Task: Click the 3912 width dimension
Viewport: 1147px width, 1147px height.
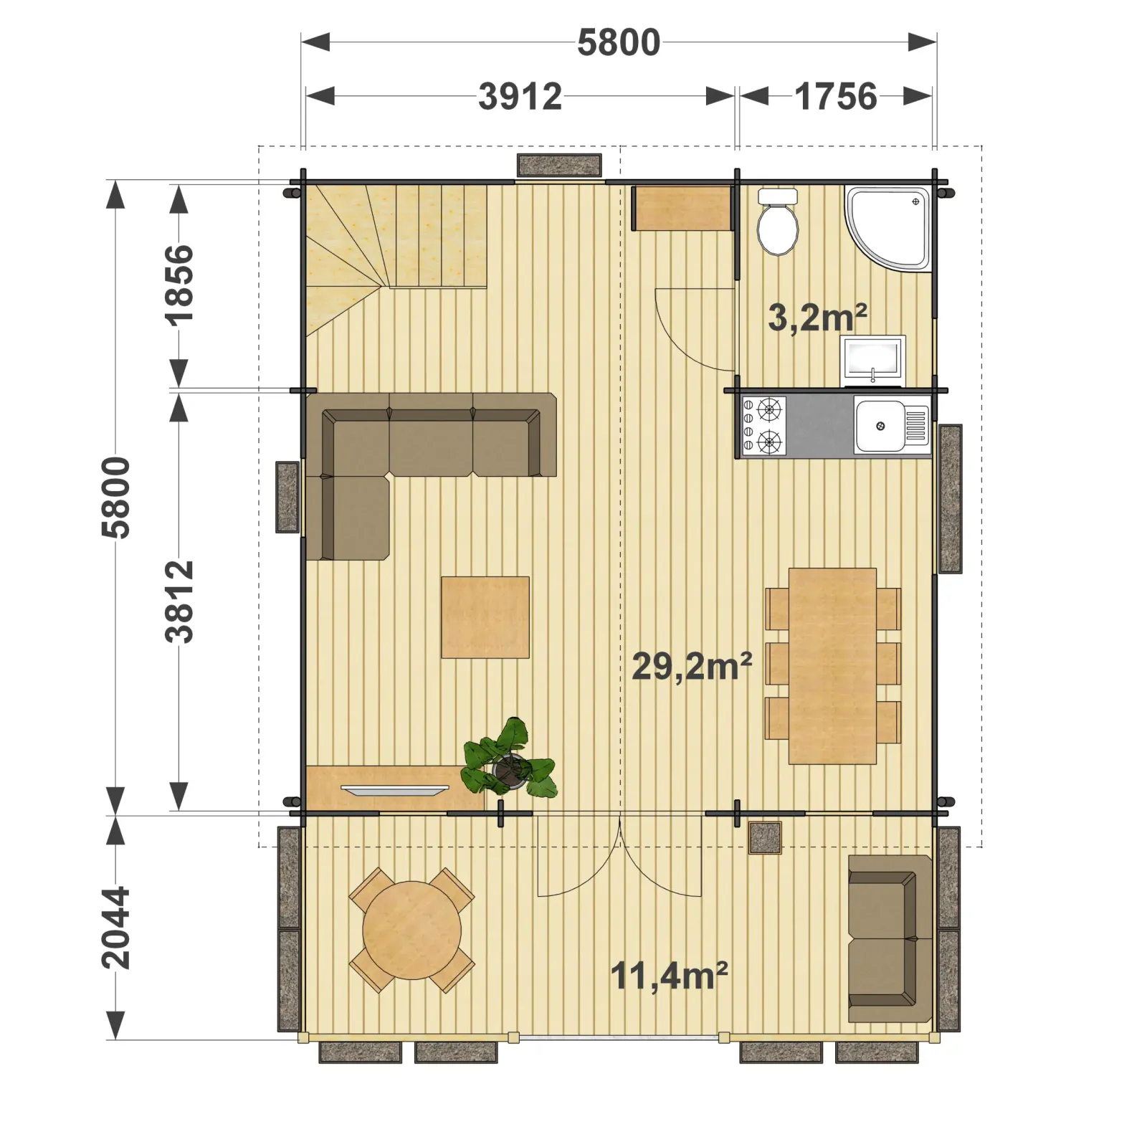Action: coord(520,97)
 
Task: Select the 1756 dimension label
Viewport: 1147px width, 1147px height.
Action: coord(836,97)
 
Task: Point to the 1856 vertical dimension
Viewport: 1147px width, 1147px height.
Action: coord(179,285)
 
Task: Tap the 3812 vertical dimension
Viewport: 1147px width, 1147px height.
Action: coord(179,601)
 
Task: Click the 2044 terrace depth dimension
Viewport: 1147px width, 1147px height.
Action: coord(116,928)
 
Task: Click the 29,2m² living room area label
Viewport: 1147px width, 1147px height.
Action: coord(692,666)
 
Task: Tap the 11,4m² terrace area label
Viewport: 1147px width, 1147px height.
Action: coord(669,976)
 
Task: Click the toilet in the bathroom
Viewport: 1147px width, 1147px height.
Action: coord(778,222)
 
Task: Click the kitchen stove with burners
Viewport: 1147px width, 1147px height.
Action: coord(763,427)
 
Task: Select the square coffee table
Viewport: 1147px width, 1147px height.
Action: coord(485,617)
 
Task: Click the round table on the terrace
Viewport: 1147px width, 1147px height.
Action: coord(411,931)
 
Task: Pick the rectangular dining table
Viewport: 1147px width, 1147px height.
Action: coord(832,666)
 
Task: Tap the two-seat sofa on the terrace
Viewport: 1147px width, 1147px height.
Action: coord(890,938)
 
